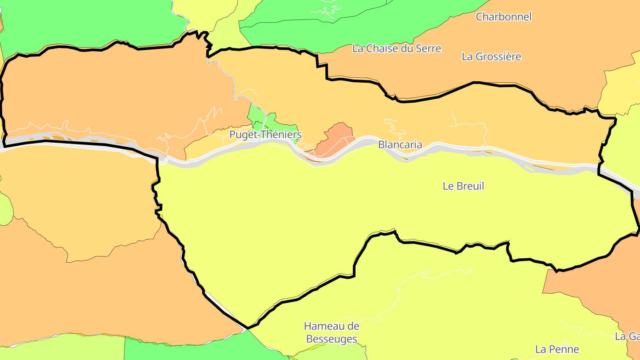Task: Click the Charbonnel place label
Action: [x=504, y=17]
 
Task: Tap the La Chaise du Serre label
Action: [x=396, y=48]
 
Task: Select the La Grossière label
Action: [x=491, y=57]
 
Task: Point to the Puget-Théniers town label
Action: [x=265, y=135]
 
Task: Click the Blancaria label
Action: [x=400, y=144]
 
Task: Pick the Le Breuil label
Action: [x=463, y=186]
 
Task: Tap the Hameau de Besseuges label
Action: [x=331, y=332]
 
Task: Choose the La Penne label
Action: [x=557, y=349]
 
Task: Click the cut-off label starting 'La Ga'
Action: [x=628, y=336]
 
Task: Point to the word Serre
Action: [x=428, y=48]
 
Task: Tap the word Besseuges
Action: [x=331, y=339]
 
